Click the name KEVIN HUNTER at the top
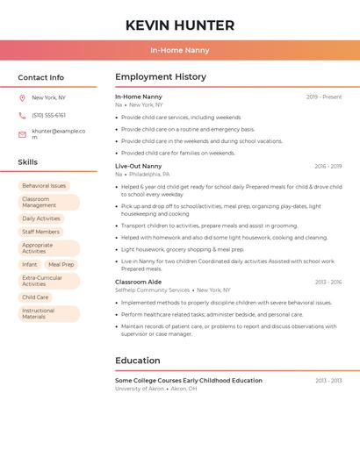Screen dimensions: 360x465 pyautogui.click(x=180, y=25)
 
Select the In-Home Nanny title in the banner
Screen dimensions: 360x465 pyautogui.click(x=180, y=51)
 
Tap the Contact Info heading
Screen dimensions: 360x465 pyautogui.click(x=41, y=77)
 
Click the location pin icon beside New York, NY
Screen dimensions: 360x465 pyautogui.click(x=22, y=98)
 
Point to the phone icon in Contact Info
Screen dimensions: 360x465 pyautogui.click(x=22, y=116)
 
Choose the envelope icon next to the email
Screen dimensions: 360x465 pyautogui.click(x=22, y=134)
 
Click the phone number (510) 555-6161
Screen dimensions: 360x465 pyautogui.click(x=49, y=116)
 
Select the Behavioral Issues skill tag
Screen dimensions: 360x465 pyautogui.click(x=44, y=186)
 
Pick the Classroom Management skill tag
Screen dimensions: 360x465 pyautogui.click(x=48, y=203)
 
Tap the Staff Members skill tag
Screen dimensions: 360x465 pyautogui.click(x=41, y=232)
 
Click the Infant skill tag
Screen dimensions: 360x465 pyautogui.click(x=30, y=264)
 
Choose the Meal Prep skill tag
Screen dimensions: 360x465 pyautogui.click(x=61, y=264)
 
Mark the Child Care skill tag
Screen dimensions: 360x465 pyautogui.click(x=35, y=297)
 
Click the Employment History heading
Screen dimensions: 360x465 pyautogui.click(x=161, y=77)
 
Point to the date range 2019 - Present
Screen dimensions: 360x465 pyautogui.click(x=324, y=97)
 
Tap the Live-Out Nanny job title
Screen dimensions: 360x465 pyautogui.click(x=139, y=166)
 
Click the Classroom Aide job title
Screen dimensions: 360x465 pyautogui.click(x=138, y=282)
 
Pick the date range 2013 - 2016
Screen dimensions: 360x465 pyautogui.click(x=328, y=283)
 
